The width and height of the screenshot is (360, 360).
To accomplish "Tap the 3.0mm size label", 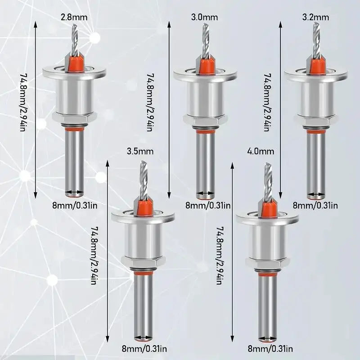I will click(205, 18).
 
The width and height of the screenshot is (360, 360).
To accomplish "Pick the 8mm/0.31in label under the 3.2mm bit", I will click(315, 206).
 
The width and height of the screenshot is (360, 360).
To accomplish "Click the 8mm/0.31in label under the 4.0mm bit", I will click(270, 349).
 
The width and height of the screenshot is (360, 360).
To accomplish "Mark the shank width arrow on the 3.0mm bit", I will click(205, 195).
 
